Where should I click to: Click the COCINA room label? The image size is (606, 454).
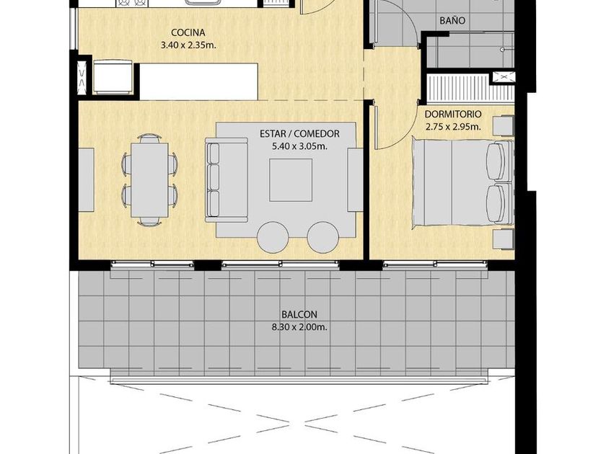(188, 32)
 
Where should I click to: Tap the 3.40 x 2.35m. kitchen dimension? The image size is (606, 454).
(188, 45)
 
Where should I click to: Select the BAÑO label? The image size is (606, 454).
(452, 20)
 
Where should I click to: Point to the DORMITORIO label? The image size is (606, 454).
(453, 115)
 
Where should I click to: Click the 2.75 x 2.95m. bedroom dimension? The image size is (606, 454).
(453, 127)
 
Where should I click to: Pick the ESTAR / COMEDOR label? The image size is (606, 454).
(299, 134)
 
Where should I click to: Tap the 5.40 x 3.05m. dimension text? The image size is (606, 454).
(300, 146)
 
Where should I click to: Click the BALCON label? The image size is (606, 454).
(299, 315)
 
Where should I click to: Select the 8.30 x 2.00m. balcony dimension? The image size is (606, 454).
(299, 327)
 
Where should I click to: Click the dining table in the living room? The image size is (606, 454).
(149, 180)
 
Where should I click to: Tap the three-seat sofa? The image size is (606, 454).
(226, 179)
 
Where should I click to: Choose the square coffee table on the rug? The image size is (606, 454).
(291, 180)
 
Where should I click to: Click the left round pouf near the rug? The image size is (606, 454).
(273, 237)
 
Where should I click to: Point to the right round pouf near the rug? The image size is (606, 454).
(323, 237)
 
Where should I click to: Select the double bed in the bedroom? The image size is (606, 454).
(462, 182)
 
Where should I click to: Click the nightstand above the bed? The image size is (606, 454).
(504, 125)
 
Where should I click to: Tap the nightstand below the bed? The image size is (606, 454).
(504, 239)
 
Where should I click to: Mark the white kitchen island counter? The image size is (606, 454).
(198, 81)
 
